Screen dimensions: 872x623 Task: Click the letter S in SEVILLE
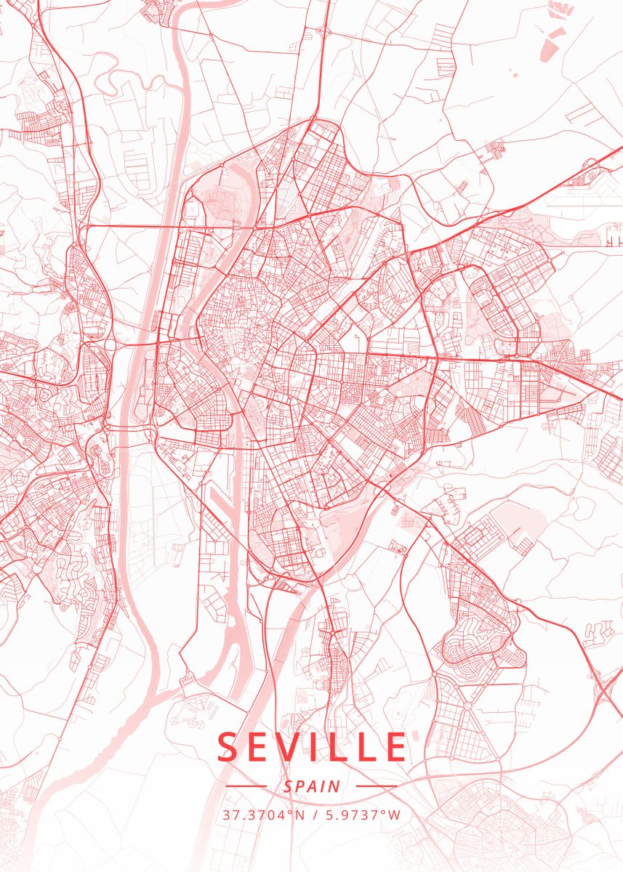[228, 747]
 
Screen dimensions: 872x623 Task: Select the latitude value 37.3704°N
[262, 815]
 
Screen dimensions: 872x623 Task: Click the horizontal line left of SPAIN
[246, 786]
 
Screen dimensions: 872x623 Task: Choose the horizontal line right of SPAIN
[377, 786]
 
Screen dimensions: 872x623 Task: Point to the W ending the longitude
[395, 815]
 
